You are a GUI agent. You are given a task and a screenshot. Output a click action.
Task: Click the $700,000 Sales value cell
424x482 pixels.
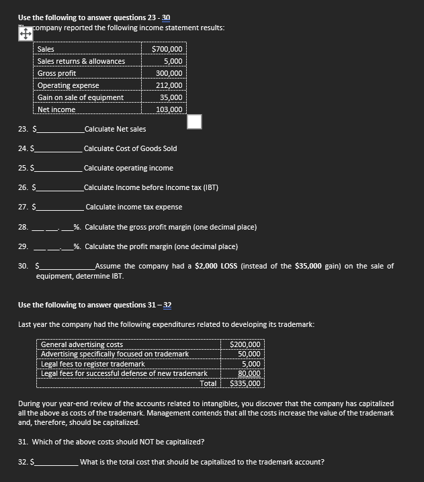(167, 49)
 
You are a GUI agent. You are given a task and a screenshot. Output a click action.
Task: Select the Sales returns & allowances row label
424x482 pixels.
(81, 61)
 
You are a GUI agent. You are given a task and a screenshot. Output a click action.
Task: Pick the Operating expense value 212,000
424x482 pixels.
(169, 85)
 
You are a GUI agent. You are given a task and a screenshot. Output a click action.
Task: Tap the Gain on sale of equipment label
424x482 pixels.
(80, 97)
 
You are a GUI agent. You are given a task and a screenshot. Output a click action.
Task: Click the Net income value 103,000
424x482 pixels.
(169, 109)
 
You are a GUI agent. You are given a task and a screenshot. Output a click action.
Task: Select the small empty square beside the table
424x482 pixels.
(194, 122)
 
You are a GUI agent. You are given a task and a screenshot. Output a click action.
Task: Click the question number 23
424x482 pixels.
(23, 129)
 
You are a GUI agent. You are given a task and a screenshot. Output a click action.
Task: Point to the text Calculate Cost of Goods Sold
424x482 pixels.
(130, 148)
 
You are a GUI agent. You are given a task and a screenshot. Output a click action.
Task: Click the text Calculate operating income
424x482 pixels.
(128, 168)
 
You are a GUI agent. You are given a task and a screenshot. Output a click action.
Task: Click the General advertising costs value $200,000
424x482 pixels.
(245, 344)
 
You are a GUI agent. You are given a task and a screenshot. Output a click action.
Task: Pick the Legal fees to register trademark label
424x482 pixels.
(93, 364)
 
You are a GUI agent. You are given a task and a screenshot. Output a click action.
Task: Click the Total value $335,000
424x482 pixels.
(245, 384)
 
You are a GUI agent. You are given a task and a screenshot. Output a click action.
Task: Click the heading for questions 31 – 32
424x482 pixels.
(95, 305)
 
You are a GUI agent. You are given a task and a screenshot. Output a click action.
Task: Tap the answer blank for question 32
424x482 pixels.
(57, 462)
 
